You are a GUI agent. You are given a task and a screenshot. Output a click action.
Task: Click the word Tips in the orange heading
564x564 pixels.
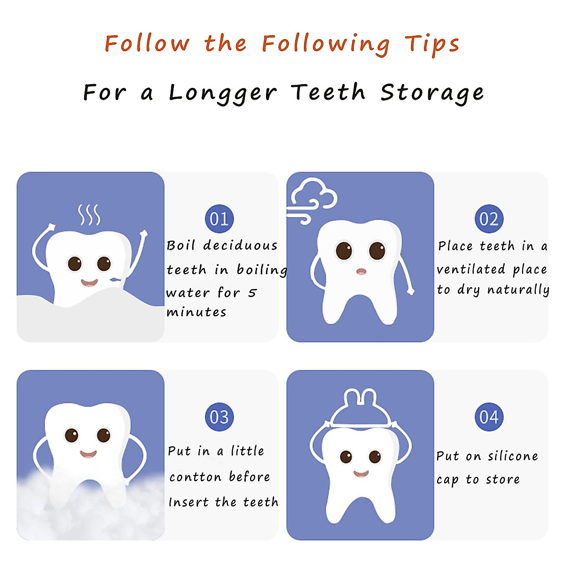pos(432,44)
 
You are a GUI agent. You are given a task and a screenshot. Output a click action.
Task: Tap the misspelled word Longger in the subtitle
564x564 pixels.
pos(223,93)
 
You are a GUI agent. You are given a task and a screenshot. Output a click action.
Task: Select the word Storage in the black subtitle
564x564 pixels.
pos(432,93)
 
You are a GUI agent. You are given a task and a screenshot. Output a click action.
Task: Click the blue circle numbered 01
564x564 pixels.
pos(219,219)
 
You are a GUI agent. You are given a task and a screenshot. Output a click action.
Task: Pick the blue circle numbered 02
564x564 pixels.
pos(489,219)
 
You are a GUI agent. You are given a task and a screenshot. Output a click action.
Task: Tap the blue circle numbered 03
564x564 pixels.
pos(219,417)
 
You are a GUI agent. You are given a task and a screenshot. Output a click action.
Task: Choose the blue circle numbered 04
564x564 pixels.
pos(489,417)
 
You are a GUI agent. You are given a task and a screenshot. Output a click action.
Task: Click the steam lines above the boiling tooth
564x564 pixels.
pos(89,215)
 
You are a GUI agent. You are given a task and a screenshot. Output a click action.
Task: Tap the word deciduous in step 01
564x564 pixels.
pos(240,246)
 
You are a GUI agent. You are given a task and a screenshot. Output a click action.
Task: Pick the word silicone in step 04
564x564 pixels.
pos(513,456)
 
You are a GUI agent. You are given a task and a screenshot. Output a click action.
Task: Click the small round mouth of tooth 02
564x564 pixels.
pos(360,271)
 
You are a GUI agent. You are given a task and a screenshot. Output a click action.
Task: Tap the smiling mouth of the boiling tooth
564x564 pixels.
pos(89,283)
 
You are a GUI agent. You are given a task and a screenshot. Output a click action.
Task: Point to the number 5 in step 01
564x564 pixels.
pos(252,293)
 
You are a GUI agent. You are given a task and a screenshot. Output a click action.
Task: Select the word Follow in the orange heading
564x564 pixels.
pos(147,44)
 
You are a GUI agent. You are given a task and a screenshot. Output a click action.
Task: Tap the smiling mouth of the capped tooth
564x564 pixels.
pos(360,474)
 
